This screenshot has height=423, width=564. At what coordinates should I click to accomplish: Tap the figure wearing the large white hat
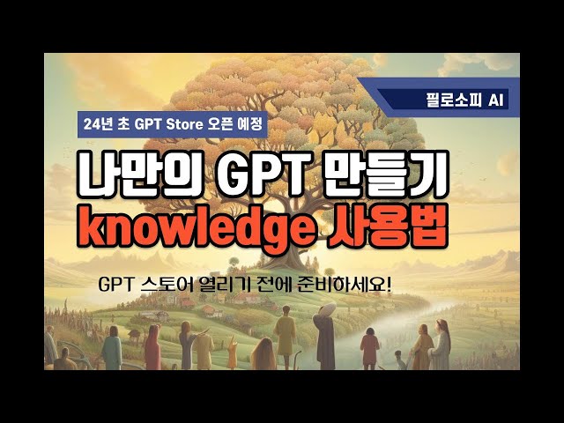click(323, 330)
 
